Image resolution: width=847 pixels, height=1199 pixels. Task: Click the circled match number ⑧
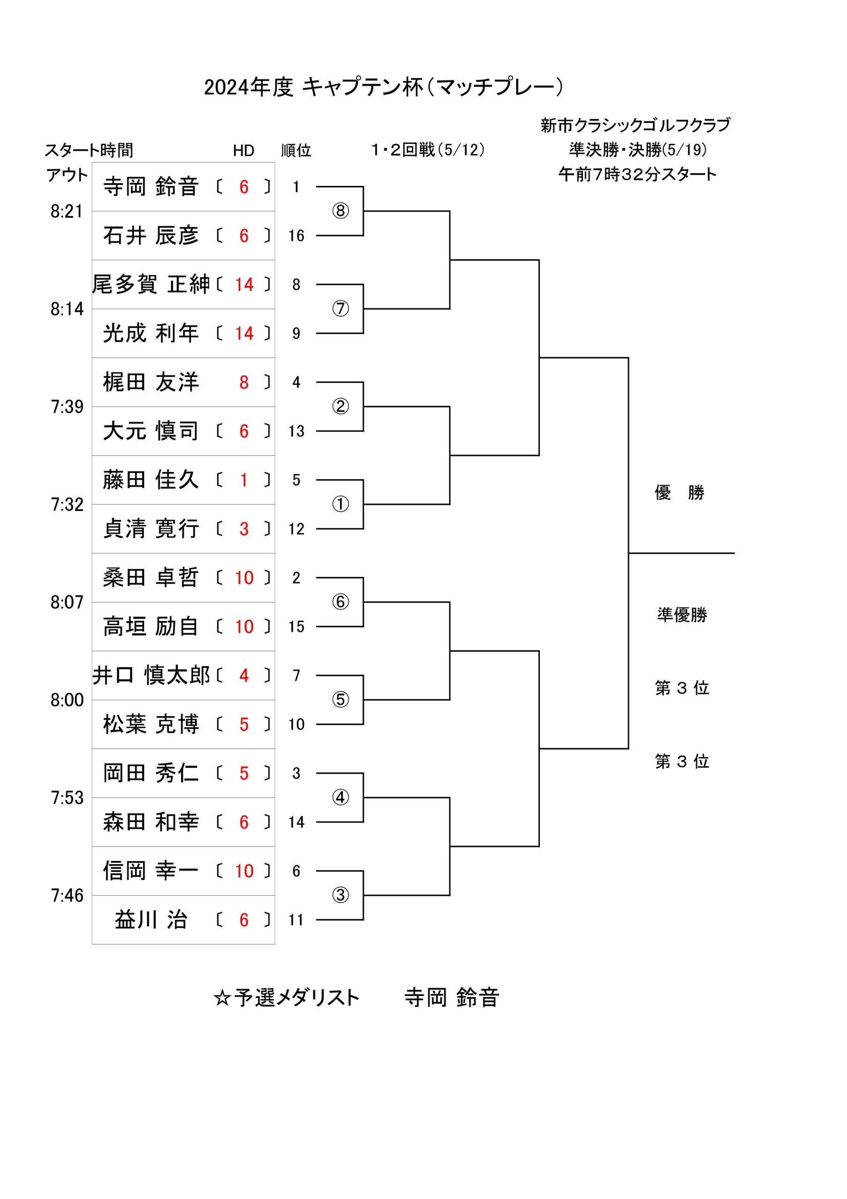pos(340,211)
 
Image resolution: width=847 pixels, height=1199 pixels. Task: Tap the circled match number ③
pos(340,895)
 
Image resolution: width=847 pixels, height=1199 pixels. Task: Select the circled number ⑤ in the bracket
pos(340,700)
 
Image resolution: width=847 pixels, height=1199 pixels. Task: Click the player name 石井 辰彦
pos(150,236)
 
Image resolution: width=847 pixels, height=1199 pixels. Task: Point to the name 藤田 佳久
pos(150,480)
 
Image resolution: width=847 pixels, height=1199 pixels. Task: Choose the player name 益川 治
pos(150,919)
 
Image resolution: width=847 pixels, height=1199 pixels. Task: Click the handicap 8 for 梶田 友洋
pos(244,382)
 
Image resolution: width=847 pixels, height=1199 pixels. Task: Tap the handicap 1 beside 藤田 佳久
pos(244,480)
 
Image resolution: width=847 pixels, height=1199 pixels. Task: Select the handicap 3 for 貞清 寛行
pos(244,529)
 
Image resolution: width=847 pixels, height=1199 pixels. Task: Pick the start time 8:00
pos(67,700)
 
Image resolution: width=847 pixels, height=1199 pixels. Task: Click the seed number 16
pos(296,236)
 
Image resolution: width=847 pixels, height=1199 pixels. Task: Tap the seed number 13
pos(296,431)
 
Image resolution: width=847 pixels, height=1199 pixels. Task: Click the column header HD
pos(243,151)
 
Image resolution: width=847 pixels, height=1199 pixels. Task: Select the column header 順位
pos(296,150)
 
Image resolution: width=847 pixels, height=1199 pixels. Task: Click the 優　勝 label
pos(679,492)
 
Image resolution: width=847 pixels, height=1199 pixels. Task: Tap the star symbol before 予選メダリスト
pos(222,998)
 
